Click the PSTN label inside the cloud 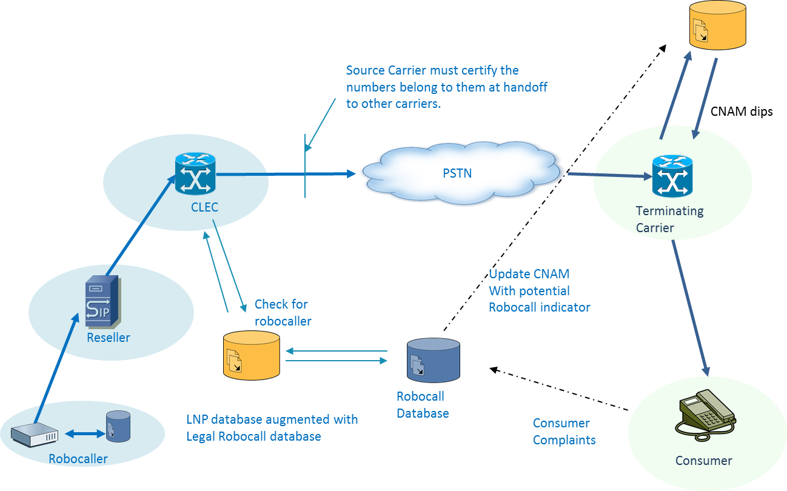[457, 173]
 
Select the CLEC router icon [195, 173]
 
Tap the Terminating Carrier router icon [672, 176]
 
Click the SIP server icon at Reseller [103, 301]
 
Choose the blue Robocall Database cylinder [433, 361]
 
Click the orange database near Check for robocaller [251, 354]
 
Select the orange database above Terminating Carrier [717, 24]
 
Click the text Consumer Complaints [564, 432]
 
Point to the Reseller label [109, 338]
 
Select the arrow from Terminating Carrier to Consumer [690, 308]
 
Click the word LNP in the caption [198, 419]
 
